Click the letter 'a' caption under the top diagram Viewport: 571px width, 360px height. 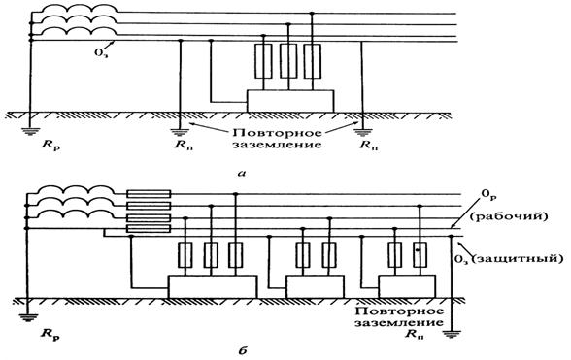click(242, 174)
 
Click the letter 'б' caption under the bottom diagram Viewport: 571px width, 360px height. click(244, 350)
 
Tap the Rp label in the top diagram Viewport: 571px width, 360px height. click(50, 147)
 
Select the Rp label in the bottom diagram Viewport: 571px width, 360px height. click(50, 334)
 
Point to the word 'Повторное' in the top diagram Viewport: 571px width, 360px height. click(277, 132)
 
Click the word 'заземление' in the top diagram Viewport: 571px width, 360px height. click(277, 145)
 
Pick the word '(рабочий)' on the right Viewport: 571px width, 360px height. click(509, 216)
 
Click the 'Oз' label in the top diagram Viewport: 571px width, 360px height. click(101, 52)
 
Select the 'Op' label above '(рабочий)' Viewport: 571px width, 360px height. click(489, 195)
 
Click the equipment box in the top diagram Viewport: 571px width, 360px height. click(290, 101)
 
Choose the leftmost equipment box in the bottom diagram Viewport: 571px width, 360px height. click(213, 286)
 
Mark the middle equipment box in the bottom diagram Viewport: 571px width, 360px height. click(315, 286)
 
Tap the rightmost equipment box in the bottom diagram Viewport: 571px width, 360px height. click(407, 286)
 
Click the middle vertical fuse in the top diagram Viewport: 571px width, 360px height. click(288, 61)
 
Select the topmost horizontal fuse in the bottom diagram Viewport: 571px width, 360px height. click(149, 194)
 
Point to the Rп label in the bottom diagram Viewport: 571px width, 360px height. click(415, 334)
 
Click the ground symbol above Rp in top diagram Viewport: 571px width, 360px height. click(30, 131)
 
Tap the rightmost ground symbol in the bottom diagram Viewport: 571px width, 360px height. click(452, 334)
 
